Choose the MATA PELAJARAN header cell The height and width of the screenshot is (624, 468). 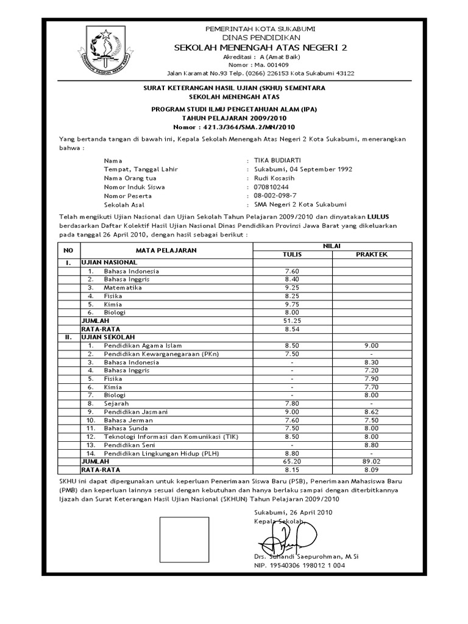point(166,250)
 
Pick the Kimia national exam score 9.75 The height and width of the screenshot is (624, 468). point(293,303)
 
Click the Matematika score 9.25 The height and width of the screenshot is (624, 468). point(293,287)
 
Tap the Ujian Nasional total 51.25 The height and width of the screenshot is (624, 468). point(293,320)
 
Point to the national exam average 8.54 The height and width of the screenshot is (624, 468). point(293,328)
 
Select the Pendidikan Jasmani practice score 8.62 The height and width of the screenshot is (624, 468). point(372,411)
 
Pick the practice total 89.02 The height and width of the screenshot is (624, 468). point(372,461)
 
